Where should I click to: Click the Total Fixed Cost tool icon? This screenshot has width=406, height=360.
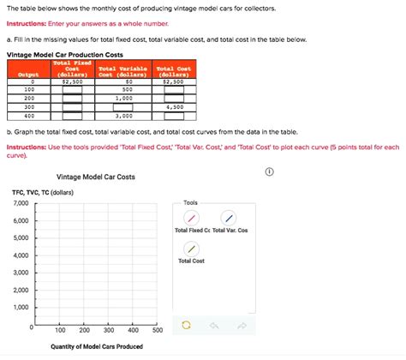192,218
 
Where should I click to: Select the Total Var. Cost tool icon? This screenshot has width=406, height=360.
228,218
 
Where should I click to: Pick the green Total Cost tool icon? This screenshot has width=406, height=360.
192,248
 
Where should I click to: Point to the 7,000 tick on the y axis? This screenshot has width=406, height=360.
21,202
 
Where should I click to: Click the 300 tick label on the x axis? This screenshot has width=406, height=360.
109,330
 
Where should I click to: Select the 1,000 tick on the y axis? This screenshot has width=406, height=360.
21,307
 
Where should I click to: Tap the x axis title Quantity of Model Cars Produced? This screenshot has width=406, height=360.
97,346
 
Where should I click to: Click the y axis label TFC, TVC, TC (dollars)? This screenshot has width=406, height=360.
43,192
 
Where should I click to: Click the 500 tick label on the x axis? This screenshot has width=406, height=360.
158,330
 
